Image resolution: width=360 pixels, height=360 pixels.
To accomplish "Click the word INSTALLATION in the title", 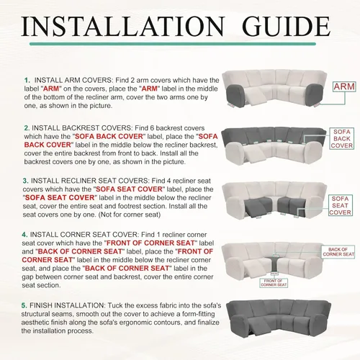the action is pos(123,26).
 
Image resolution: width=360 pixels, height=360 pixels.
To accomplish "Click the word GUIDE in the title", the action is pos(286,26).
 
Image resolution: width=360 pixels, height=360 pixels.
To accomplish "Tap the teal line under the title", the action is pos(172,44).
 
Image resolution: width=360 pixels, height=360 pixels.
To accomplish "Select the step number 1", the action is pos(27,80).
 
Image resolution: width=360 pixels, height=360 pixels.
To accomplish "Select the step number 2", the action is pos(27,128).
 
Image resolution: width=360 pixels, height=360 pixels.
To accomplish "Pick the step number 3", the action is pos(25,181).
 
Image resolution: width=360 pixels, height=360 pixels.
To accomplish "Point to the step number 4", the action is pos(24,235).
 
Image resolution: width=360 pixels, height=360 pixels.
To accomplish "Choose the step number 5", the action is pos(24,305).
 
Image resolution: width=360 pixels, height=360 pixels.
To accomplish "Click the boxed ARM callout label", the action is pos(344,86).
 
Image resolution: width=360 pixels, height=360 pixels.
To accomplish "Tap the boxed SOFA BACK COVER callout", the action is pos(342,139).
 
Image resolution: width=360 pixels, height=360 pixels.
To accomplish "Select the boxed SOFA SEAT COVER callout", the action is pos(341,205).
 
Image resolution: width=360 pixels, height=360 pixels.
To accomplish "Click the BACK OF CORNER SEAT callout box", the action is pos(338,252).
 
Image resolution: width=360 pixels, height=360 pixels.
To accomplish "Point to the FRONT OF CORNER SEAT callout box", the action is pos(274,283).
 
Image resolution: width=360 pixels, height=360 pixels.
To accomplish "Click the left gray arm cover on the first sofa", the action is pos(235,96).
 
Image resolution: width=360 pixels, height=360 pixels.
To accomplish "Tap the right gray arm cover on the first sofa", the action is pos(315,95).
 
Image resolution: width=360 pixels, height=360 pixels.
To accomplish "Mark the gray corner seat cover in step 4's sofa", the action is pos(273,264).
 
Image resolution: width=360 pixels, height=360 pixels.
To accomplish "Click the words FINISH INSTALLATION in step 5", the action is pos(67,305).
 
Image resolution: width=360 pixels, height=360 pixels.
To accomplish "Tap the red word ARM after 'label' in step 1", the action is pos(51,89).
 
